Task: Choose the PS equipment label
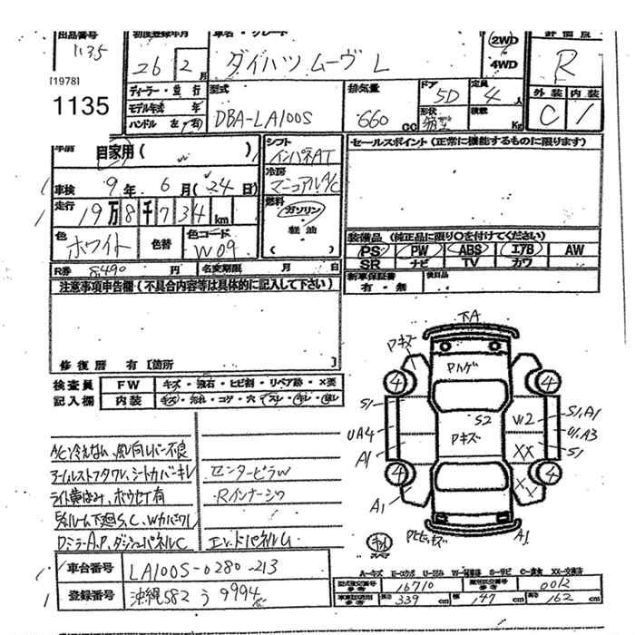click(x=368, y=249)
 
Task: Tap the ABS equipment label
click(x=469, y=249)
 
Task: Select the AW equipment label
click(x=573, y=249)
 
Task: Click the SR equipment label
click(x=368, y=262)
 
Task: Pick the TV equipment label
click(x=469, y=262)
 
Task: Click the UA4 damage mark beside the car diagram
click(x=360, y=434)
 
